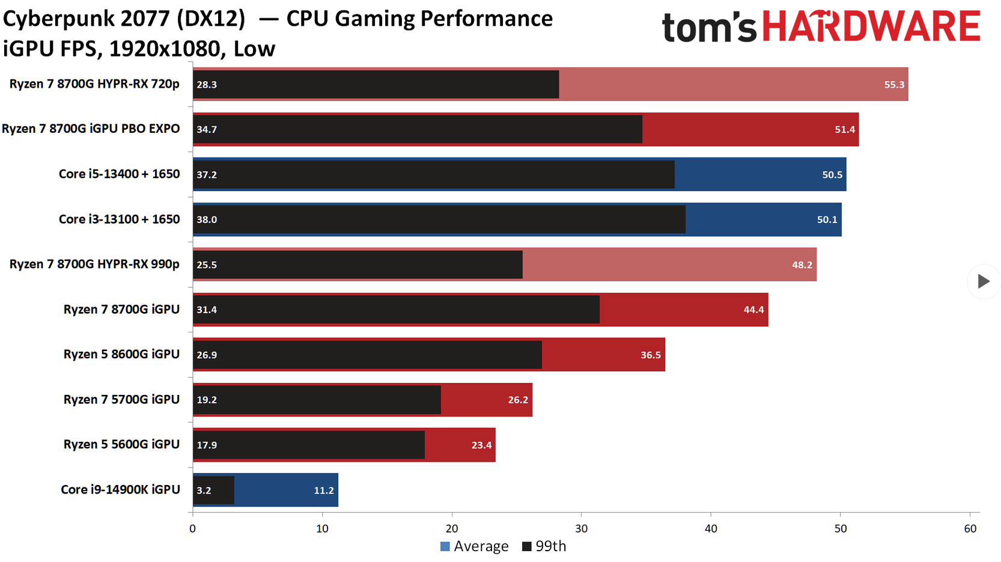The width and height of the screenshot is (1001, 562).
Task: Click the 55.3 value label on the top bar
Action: pos(893,85)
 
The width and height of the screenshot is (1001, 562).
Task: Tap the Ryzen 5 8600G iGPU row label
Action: pos(121,355)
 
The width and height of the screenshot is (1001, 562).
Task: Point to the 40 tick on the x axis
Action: pos(711,529)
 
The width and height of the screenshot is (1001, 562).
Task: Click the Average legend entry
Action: pos(475,546)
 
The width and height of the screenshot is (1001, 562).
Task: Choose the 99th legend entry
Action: pos(544,546)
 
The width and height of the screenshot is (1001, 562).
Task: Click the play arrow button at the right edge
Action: pos(983,281)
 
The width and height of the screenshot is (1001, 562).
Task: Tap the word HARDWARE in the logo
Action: pos(871,27)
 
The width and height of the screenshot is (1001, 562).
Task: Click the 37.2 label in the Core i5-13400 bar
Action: pos(207,175)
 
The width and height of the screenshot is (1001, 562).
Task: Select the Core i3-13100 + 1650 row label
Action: pos(119,219)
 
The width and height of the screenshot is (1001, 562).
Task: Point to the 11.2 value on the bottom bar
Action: pos(323,490)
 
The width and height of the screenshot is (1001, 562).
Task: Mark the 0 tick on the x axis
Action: pos(192,529)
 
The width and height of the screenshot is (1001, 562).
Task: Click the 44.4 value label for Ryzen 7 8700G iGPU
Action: pos(753,310)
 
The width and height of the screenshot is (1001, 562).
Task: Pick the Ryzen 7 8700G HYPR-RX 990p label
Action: pos(94,264)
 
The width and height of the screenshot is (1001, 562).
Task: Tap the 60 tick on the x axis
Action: pos(970,529)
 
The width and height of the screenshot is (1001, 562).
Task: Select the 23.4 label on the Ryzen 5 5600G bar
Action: pos(481,445)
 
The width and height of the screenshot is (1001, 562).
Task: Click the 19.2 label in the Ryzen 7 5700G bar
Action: pos(207,400)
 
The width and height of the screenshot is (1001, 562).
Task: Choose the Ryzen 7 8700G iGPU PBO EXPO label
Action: pos(91,129)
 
